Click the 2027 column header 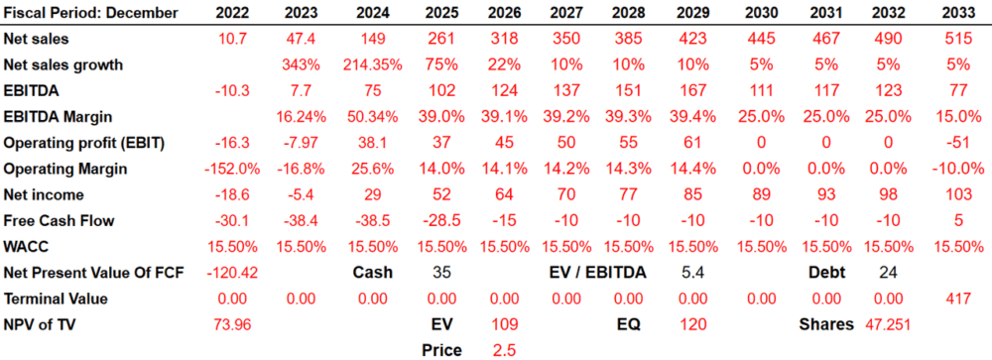(x=566, y=12)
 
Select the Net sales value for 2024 (x=373, y=39)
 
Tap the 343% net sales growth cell (x=302, y=64)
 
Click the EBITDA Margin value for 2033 (x=958, y=116)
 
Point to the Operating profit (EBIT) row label (x=83, y=143)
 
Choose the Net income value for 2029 (x=692, y=194)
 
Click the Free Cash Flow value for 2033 (x=958, y=221)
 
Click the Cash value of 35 (x=441, y=273)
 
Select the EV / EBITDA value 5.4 (x=692, y=273)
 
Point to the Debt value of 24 (x=888, y=273)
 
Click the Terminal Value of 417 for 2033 (x=958, y=299)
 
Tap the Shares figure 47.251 (x=888, y=324)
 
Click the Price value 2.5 (x=504, y=350)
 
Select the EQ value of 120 (x=692, y=324)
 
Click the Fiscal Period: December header (x=91, y=13)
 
